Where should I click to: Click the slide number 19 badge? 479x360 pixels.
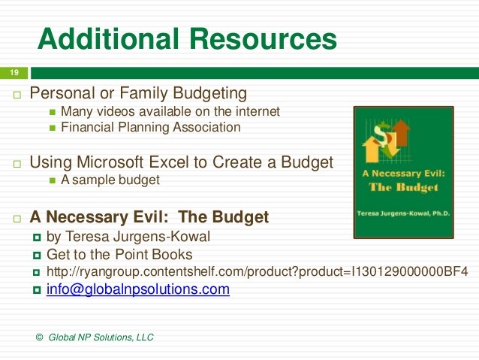pos(14,73)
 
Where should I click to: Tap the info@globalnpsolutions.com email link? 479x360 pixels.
pos(137,289)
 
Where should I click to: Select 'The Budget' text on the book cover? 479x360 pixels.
pos(404,188)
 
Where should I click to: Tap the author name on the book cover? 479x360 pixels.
pos(404,214)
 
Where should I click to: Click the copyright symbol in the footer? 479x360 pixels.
pos(39,337)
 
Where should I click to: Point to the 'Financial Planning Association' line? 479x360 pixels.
pos(150,127)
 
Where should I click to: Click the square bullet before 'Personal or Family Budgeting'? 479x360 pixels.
pos(17,95)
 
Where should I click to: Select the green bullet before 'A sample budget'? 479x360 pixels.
pos(52,180)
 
